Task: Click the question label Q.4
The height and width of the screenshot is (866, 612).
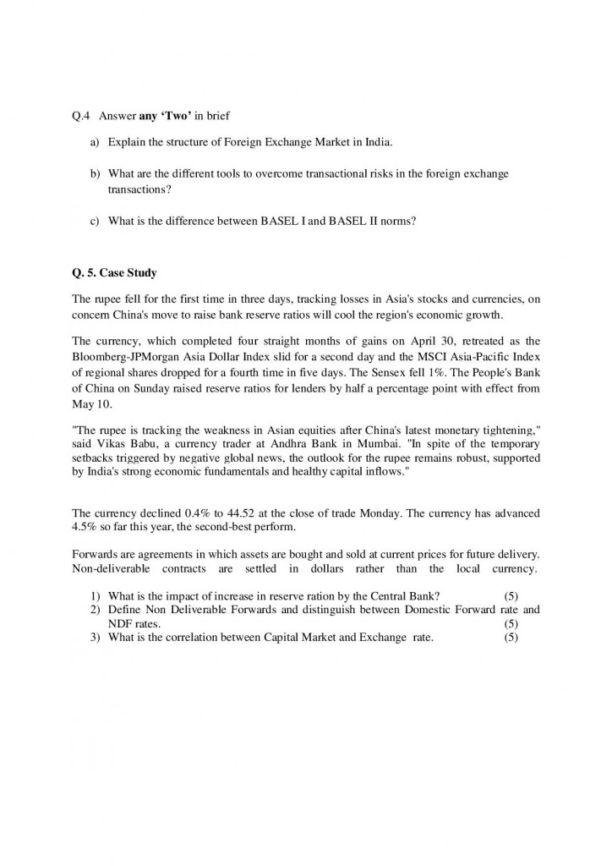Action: pyautogui.click(x=82, y=116)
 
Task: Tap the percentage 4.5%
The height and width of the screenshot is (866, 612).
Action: pyautogui.click(x=86, y=529)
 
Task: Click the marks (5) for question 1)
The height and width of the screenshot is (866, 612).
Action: pyautogui.click(x=511, y=595)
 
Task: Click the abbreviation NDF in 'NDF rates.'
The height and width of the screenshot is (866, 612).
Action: pyautogui.click(x=120, y=623)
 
